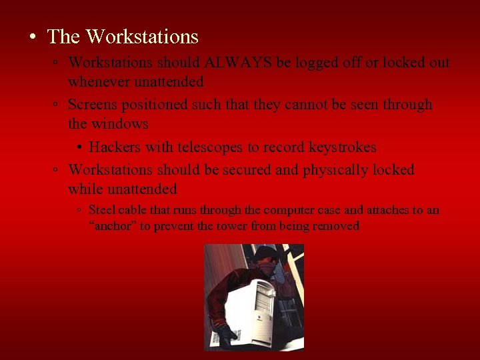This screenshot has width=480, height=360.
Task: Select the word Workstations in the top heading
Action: point(142,36)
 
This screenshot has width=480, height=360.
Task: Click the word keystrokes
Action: point(343,147)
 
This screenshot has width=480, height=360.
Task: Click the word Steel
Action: point(101,210)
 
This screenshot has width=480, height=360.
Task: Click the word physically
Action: point(336,170)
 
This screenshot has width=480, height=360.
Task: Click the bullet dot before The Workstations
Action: point(33,37)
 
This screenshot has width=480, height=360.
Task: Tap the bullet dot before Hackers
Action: point(79,148)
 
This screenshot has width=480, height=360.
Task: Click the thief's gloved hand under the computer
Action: point(226,333)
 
